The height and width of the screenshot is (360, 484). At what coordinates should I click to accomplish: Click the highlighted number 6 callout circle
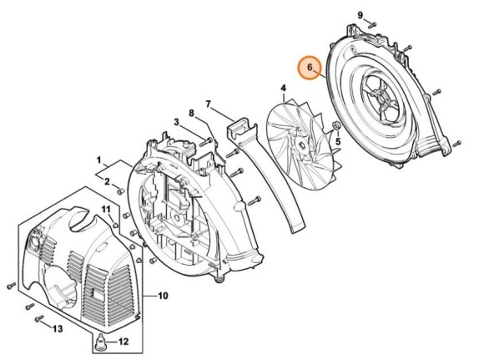coord(310,67)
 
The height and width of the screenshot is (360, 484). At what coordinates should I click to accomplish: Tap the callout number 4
coord(283,88)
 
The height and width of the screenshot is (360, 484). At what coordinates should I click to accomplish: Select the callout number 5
coord(338,143)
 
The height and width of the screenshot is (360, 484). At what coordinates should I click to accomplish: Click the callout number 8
coord(191,113)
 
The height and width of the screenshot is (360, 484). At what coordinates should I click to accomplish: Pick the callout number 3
coord(177,123)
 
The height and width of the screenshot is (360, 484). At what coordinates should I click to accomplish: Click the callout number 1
coord(98,159)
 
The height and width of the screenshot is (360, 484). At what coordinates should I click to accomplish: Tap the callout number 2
coord(106,179)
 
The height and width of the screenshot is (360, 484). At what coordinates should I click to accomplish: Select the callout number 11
coord(106,208)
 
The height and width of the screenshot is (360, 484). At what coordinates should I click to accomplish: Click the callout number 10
coord(164,296)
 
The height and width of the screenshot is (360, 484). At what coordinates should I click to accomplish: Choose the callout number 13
coord(57,330)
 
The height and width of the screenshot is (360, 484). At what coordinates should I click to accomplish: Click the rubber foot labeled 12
coord(101,341)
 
